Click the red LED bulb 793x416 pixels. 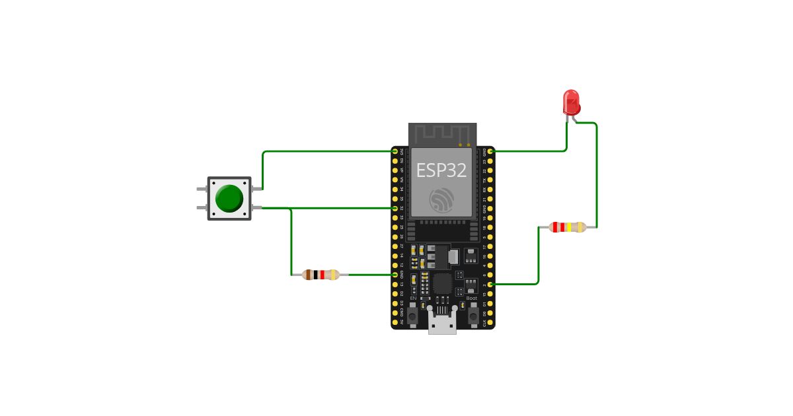(571, 102)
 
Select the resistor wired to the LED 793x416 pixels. (568, 227)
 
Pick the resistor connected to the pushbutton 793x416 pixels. (321, 275)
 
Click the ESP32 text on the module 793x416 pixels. (441, 170)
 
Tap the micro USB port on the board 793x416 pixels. (442, 324)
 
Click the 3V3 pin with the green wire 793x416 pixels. (395, 151)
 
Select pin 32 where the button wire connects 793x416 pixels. (395, 208)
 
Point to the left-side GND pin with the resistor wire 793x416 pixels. (395, 275)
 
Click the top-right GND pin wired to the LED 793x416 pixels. (490, 151)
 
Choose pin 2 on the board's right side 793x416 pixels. (490, 284)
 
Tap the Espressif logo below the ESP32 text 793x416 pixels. (441, 200)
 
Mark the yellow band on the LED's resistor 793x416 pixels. (569, 227)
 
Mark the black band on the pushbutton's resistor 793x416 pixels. (316, 275)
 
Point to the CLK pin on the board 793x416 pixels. (490, 322)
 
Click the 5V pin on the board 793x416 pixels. (395, 322)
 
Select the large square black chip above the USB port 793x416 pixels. (442, 284)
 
